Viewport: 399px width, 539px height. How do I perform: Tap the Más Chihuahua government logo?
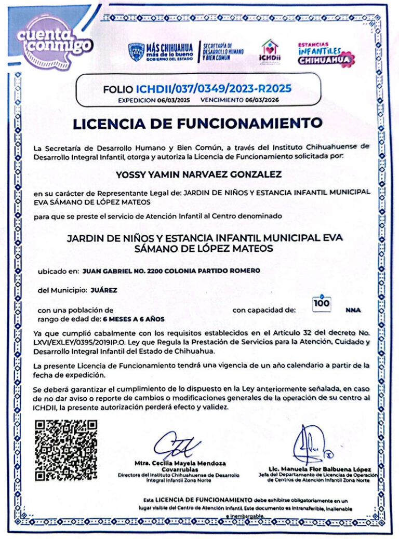162,52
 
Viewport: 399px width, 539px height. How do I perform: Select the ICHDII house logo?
270,51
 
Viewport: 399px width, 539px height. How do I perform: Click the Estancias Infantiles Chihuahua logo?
325,53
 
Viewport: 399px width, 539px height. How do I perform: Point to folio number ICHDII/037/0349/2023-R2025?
214,88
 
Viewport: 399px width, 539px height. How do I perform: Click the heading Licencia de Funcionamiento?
197,124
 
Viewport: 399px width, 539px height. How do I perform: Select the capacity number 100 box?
323,304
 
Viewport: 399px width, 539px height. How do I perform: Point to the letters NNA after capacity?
352,311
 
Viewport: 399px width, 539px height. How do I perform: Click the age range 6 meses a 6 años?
134,318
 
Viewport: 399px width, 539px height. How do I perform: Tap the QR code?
66,450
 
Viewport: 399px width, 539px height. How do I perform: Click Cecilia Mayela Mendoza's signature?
177,444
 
